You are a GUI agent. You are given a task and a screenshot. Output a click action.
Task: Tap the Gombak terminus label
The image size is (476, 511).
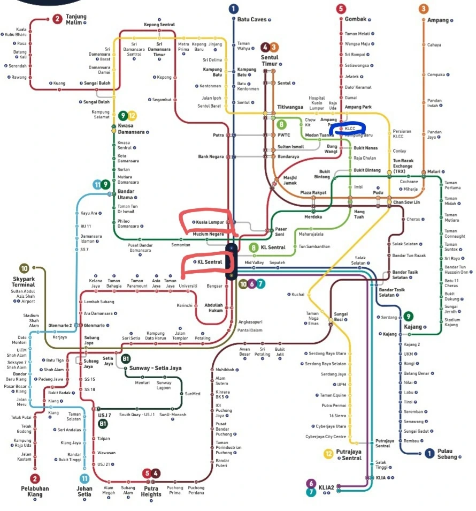click(x=356, y=19)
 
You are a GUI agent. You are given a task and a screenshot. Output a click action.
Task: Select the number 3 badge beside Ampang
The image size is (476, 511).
click(x=424, y=9)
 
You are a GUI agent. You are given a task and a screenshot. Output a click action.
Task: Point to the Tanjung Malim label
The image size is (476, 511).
click(x=76, y=19)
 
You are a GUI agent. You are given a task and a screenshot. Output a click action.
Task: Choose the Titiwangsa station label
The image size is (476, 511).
click(x=290, y=107)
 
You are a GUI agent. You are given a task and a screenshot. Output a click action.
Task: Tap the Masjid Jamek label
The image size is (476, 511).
click(x=290, y=180)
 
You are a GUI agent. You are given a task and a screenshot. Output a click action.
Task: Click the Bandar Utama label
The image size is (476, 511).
click(x=126, y=194)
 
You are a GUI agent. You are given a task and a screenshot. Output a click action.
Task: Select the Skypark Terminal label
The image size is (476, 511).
click(x=23, y=282)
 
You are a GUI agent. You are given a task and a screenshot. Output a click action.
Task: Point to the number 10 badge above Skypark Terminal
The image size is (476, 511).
click(x=24, y=268)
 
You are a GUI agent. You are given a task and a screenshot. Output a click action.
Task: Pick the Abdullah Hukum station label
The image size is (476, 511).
click(x=214, y=308)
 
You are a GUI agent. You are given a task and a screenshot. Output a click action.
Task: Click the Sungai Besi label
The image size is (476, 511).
click(x=341, y=317)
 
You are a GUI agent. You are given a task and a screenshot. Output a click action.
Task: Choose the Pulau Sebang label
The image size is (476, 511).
click(x=448, y=454)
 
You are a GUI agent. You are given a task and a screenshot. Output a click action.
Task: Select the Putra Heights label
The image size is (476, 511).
click(x=151, y=491)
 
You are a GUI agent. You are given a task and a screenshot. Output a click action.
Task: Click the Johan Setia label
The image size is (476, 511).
click(x=85, y=491)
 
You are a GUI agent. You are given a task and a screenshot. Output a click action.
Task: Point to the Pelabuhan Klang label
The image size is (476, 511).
click(x=35, y=491)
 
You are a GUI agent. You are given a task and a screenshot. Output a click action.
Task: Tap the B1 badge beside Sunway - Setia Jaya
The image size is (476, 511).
click(x=126, y=359)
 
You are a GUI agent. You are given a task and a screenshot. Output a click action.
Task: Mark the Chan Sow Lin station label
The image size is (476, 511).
click(x=406, y=202)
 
